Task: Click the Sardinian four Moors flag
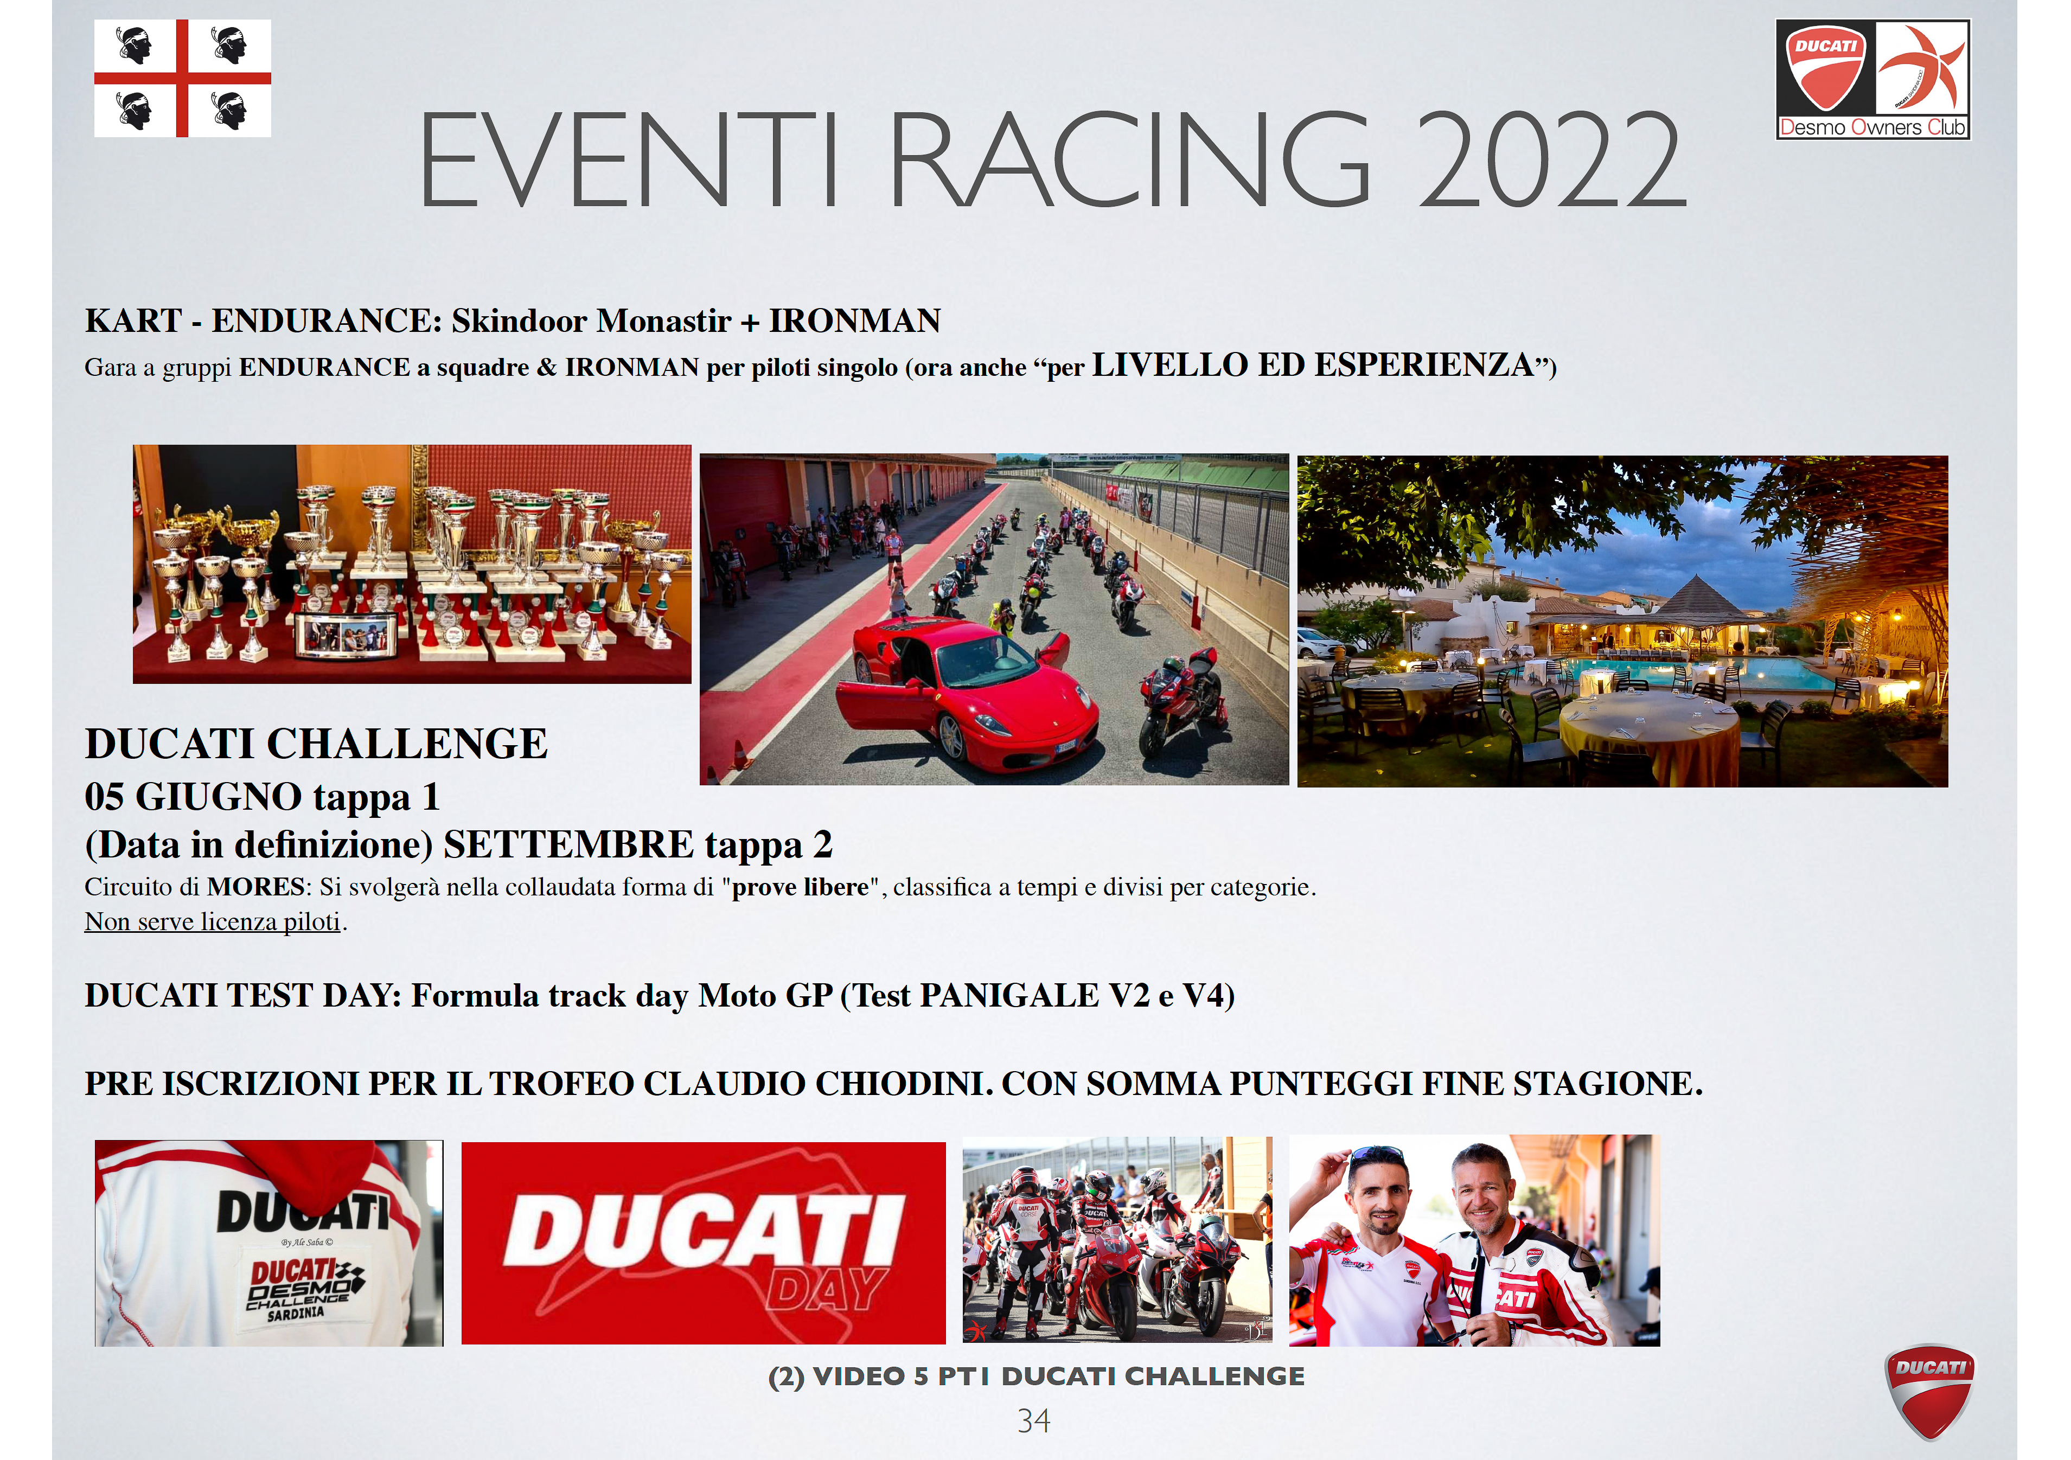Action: pos(182,79)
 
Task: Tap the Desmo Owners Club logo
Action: pos(1872,79)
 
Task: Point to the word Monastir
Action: pos(664,320)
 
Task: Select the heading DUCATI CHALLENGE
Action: pos(316,744)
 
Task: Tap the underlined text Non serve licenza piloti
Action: pos(213,921)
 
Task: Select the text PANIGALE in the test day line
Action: pos(1009,996)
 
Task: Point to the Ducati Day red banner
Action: pos(704,1244)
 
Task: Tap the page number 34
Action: pos(1034,1421)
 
